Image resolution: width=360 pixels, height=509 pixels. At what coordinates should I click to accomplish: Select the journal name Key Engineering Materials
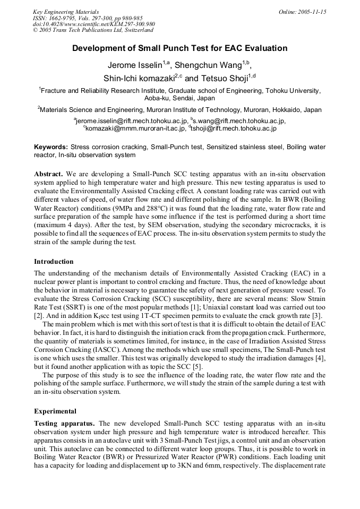(x=65, y=12)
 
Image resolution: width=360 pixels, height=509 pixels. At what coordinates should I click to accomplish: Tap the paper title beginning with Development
(x=179, y=48)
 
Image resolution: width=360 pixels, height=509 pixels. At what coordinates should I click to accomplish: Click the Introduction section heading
(x=54, y=262)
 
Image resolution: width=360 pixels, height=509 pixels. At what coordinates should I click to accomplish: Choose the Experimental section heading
(x=55, y=411)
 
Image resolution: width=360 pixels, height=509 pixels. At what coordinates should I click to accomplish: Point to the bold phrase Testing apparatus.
(x=64, y=424)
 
